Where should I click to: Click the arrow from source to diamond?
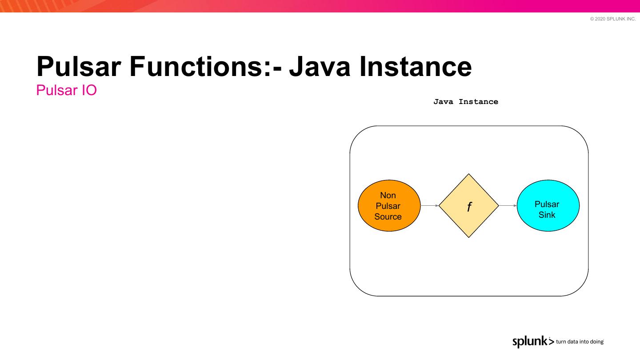coord(429,206)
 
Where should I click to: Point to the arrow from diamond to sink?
coord(508,206)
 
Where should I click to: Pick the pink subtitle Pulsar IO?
coord(66,90)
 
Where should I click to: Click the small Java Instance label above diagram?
coord(466,102)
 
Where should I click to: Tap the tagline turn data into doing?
coord(580,342)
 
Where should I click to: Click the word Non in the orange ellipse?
coord(388,196)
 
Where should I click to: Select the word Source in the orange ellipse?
coord(388,217)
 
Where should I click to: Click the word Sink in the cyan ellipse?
coord(547,215)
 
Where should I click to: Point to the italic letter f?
coord(469,207)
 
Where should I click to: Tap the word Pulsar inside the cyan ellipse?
coord(547,204)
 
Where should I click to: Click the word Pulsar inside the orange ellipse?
coord(388,206)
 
